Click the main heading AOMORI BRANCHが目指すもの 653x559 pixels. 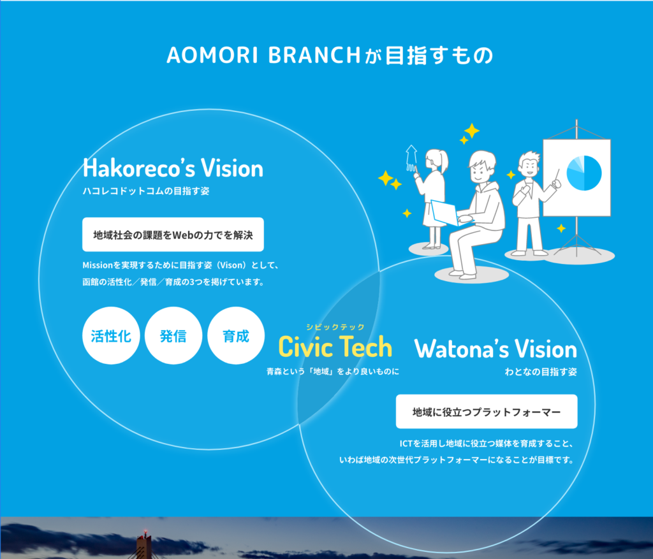pyautogui.click(x=330, y=55)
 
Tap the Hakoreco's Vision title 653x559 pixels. pyautogui.click(x=173, y=168)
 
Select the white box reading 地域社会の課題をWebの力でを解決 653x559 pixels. pyautogui.click(x=173, y=235)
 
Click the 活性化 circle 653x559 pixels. pyautogui.click(x=111, y=335)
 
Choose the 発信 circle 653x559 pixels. pyautogui.click(x=173, y=335)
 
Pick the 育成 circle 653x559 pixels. pyautogui.click(x=236, y=335)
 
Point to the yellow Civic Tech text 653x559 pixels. pyautogui.click(x=335, y=347)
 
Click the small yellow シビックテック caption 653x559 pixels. pyautogui.click(x=335, y=327)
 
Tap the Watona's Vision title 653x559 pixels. pyautogui.click(x=495, y=349)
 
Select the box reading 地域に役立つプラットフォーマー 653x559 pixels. pyautogui.click(x=487, y=411)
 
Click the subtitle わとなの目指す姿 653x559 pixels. pyautogui.click(x=541, y=372)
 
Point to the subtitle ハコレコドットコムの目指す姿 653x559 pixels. pyautogui.click(x=146, y=191)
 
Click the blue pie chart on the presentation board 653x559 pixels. pyautogui.click(x=584, y=173)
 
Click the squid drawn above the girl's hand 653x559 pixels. pyautogui.click(x=411, y=158)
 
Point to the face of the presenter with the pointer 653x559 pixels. pyautogui.click(x=529, y=166)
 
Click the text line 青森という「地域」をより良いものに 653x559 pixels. pyautogui.click(x=333, y=371)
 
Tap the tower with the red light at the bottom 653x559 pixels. pyautogui.click(x=143, y=545)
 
